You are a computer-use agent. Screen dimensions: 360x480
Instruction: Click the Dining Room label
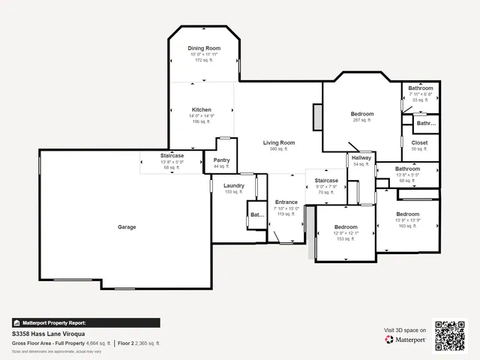[x=204, y=48]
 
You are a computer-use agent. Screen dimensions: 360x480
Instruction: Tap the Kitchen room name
[x=201, y=109]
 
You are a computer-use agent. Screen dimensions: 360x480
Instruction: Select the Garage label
[x=127, y=226]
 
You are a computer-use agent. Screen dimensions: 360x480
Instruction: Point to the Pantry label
[x=221, y=160]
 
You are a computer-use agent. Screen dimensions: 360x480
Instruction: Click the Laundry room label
[x=233, y=185]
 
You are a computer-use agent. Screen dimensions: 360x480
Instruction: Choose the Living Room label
[x=278, y=142]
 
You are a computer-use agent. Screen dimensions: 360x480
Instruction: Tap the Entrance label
[x=286, y=202]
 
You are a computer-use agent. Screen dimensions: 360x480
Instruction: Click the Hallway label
[x=361, y=158]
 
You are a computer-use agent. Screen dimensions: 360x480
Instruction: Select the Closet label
[x=419, y=142]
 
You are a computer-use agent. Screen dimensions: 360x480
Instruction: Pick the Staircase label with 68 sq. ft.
[x=172, y=156]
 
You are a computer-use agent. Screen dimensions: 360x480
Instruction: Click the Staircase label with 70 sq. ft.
[x=326, y=181]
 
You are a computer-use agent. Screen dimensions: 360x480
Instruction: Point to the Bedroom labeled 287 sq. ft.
[x=361, y=114]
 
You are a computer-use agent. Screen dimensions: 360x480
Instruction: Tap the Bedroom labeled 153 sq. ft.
[x=346, y=227]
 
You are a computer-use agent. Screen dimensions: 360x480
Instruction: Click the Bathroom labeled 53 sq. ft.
[x=420, y=88]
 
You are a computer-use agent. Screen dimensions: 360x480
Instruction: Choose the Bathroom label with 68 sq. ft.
[x=407, y=169]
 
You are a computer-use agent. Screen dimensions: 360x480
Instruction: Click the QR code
[x=451, y=334]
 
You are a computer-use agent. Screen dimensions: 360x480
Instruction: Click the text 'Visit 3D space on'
[x=405, y=330]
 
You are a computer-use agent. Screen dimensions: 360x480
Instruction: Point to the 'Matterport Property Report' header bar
[x=86, y=322]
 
